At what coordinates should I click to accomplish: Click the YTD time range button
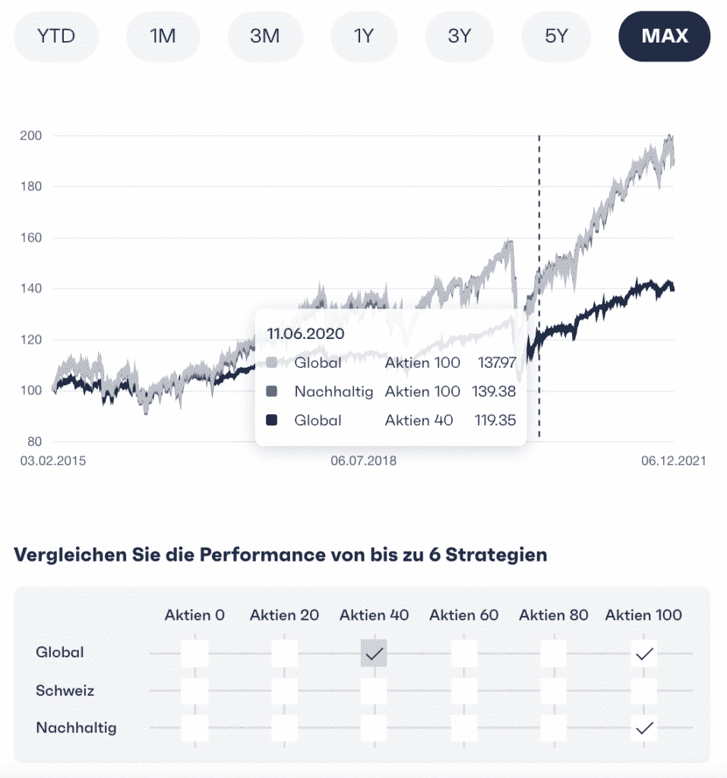click(x=56, y=36)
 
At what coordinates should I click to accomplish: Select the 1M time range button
click(x=163, y=36)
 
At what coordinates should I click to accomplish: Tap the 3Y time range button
click(x=459, y=36)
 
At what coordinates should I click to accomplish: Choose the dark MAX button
click(x=664, y=36)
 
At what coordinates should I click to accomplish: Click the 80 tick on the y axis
click(x=34, y=442)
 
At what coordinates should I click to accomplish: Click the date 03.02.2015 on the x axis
click(x=53, y=461)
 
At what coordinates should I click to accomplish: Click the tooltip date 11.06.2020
click(x=305, y=334)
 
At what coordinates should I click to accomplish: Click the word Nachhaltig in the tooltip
click(x=333, y=391)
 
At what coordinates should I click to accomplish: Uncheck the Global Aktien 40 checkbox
click(x=374, y=653)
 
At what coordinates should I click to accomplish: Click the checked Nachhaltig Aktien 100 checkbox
click(x=644, y=728)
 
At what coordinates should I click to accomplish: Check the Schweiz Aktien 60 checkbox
click(x=463, y=691)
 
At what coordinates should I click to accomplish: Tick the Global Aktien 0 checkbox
click(x=194, y=653)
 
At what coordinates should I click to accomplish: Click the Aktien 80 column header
click(x=553, y=615)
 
